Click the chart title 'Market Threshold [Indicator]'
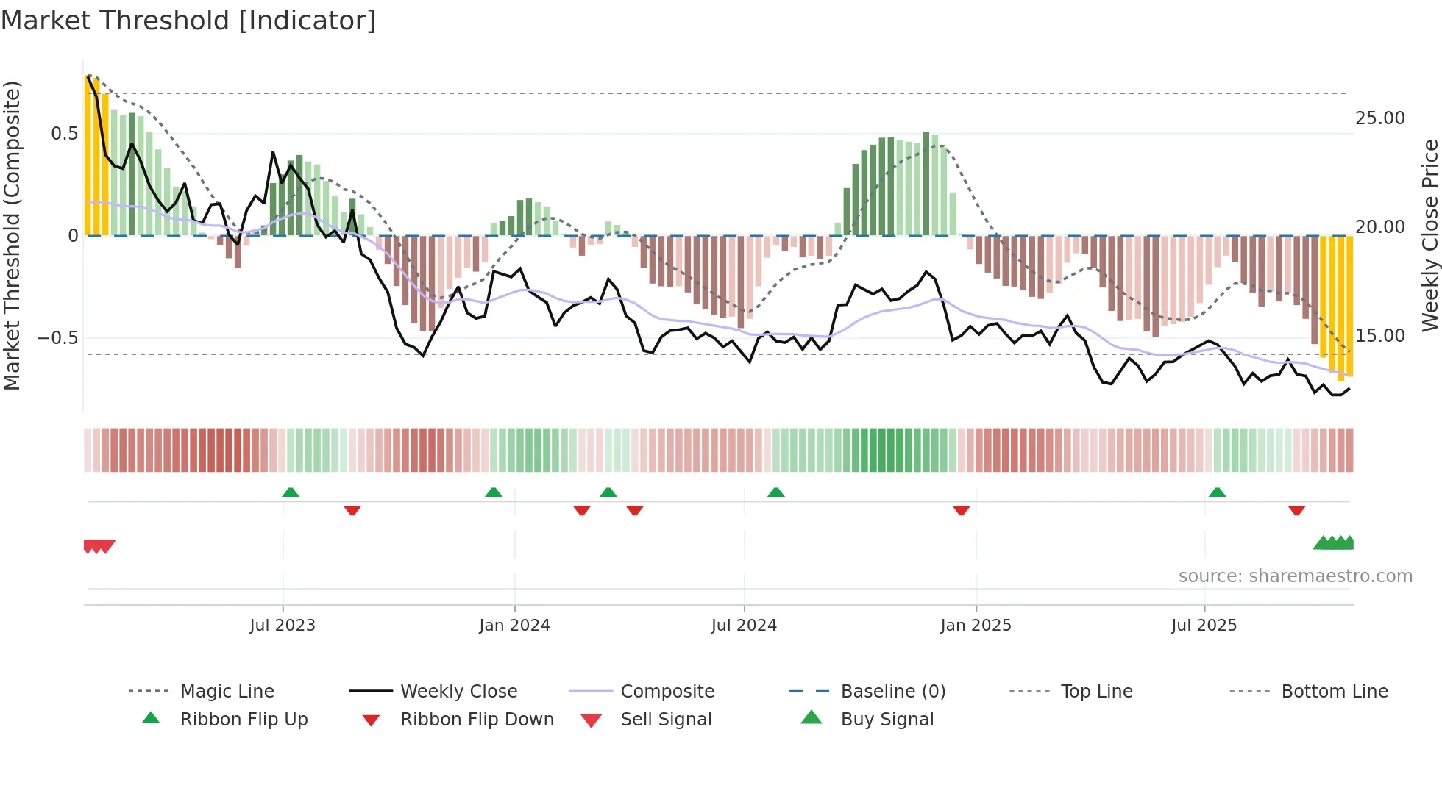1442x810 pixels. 188,21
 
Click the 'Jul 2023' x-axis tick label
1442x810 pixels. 283,626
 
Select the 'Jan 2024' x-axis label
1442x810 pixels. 514,626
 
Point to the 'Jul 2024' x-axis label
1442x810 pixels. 744,626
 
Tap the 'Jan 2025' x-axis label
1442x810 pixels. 976,626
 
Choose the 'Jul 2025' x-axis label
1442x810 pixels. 1204,626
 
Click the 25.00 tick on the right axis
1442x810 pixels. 1379,118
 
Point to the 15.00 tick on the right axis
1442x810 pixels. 1379,336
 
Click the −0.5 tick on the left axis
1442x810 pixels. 57,338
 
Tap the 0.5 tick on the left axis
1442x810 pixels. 64,134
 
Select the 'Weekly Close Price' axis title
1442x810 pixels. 1429,235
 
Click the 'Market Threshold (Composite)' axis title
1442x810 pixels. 12,235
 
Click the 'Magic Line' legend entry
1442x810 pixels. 227,692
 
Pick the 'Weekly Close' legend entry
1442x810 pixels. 458,692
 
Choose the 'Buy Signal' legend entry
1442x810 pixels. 887,720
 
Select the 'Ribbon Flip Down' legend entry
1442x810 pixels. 477,720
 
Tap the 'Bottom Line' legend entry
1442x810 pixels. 1334,692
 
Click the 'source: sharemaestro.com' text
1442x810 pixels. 1295,576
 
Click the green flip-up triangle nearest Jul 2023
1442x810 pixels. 291,492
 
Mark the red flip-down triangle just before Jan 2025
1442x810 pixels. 961,510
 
